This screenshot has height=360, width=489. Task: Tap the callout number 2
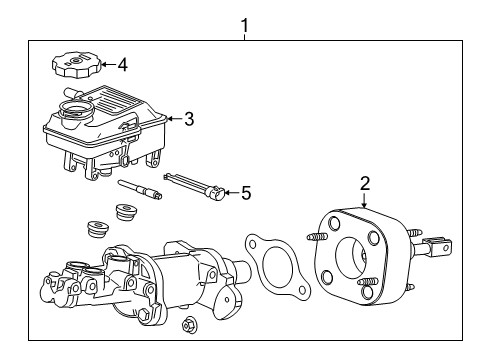click(365, 182)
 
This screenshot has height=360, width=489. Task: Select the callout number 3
click(189, 119)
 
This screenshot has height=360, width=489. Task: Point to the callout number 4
click(122, 66)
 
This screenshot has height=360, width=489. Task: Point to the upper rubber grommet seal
click(126, 213)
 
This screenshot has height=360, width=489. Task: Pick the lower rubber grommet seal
click(97, 227)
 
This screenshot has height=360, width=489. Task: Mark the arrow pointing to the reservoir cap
click(107, 67)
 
